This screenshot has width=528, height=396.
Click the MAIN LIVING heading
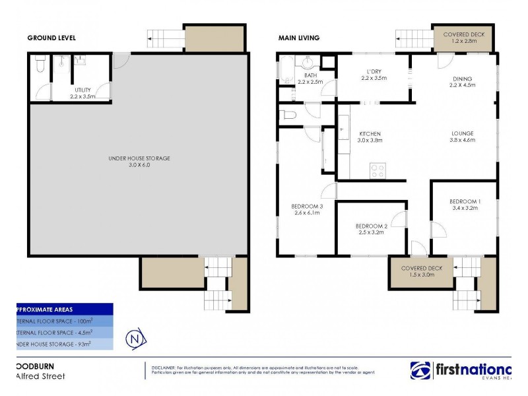point(298,38)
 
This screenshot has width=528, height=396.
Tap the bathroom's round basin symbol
point(307,63)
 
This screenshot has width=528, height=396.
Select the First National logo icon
point(420,370)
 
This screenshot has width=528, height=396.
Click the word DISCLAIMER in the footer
point(163,367)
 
